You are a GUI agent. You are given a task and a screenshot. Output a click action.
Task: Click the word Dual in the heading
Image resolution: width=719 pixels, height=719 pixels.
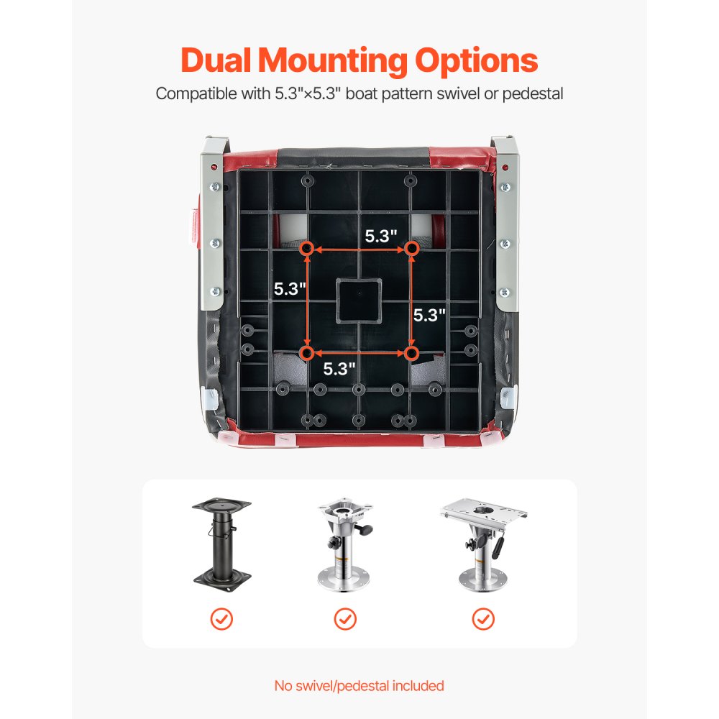click(216, 60)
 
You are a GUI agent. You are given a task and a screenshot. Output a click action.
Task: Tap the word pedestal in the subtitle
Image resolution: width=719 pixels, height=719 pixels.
click(537, 94)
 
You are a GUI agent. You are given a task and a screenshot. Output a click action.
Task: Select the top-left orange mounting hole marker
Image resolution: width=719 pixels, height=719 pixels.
click(306, 249)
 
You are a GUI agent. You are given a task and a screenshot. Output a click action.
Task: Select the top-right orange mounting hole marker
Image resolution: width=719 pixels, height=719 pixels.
click(411, 249)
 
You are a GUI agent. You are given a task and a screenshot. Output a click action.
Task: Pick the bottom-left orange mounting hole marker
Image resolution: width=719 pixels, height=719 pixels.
click(306, 353)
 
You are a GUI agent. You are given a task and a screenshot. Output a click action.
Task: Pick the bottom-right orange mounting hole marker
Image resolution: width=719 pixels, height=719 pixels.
click(411, 353)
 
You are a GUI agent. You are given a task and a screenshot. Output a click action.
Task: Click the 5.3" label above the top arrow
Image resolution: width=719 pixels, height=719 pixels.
click(381, 235)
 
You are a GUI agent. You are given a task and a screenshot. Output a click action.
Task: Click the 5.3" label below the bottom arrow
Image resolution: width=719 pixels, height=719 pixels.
click(339, 370)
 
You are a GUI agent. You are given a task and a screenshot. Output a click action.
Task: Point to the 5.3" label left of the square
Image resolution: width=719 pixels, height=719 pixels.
click(290, 289)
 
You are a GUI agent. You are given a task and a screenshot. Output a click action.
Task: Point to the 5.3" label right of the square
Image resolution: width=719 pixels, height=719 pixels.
click(429, 315)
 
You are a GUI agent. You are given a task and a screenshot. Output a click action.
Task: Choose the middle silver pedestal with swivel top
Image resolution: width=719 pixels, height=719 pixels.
click(346, 546)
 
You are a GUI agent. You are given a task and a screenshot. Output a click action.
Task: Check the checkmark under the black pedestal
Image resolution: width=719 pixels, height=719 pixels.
click(221, 618)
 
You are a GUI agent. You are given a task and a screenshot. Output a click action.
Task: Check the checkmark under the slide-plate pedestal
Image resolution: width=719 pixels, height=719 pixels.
click(482, 618)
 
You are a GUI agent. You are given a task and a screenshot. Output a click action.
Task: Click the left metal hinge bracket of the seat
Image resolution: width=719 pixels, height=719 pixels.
click(212, 223)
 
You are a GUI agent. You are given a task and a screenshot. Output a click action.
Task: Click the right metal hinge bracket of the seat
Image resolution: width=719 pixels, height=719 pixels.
click(506, 223)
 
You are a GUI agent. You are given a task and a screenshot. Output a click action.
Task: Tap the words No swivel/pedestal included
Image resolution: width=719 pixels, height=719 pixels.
click(359, 685)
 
